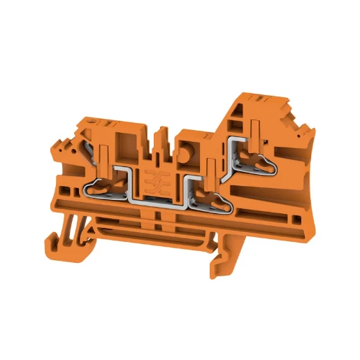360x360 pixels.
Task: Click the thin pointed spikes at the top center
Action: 162,136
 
